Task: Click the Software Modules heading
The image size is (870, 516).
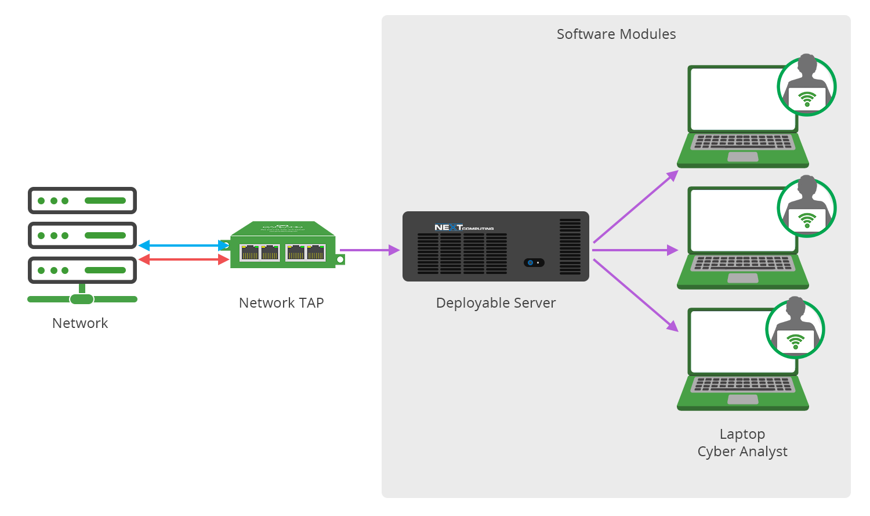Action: (616, 34)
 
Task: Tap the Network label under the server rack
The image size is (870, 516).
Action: (80, 323)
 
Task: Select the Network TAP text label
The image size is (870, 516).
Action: (281, 303)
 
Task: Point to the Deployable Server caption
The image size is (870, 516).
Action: (496, 303)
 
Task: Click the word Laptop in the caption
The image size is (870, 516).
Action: (742, 434)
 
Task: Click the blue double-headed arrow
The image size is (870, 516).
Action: (183, 246)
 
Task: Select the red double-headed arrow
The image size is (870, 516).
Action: (183, 259)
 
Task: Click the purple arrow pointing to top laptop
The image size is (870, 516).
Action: (635, 207)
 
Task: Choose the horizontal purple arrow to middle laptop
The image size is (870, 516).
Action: (635, 250)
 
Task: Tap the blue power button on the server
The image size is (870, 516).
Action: (531, 263)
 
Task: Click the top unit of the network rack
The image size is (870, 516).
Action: (82, 201)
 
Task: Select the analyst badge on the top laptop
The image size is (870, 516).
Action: (807, 86)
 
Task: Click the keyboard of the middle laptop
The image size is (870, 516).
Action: (742, 264)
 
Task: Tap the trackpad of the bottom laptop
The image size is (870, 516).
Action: (742, 399)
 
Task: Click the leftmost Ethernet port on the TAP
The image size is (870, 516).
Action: (250, 252)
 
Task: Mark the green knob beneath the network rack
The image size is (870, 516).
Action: (82, 300)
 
